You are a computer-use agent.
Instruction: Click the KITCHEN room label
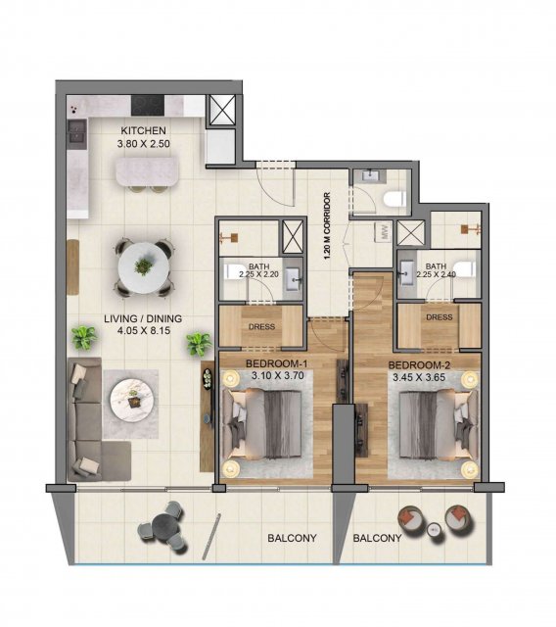coord(143,130)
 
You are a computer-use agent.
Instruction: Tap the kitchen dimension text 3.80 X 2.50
coord(144,144)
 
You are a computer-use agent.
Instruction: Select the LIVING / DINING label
coord(143,318)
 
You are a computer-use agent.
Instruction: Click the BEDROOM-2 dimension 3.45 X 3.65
coord(419,377)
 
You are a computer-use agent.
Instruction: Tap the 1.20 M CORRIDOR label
coord(328,226)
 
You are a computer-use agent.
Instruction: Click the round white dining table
coord(143,267)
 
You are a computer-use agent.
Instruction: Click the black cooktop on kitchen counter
coord(148,106)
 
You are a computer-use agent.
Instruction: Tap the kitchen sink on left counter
coord(77,131)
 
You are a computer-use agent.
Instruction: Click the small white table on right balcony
coord(434,530)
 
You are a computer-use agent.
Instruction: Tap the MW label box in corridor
coord(385,231)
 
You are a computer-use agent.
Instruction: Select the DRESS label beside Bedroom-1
coord(261,326)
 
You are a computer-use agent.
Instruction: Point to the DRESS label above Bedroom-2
coord(439,317)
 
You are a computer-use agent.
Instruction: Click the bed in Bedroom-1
coord(261,424)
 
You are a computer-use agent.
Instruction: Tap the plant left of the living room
coord(84,338)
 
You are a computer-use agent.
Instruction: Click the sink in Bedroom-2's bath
coord(406,273)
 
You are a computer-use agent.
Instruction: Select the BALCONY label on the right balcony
coord(377,538)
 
